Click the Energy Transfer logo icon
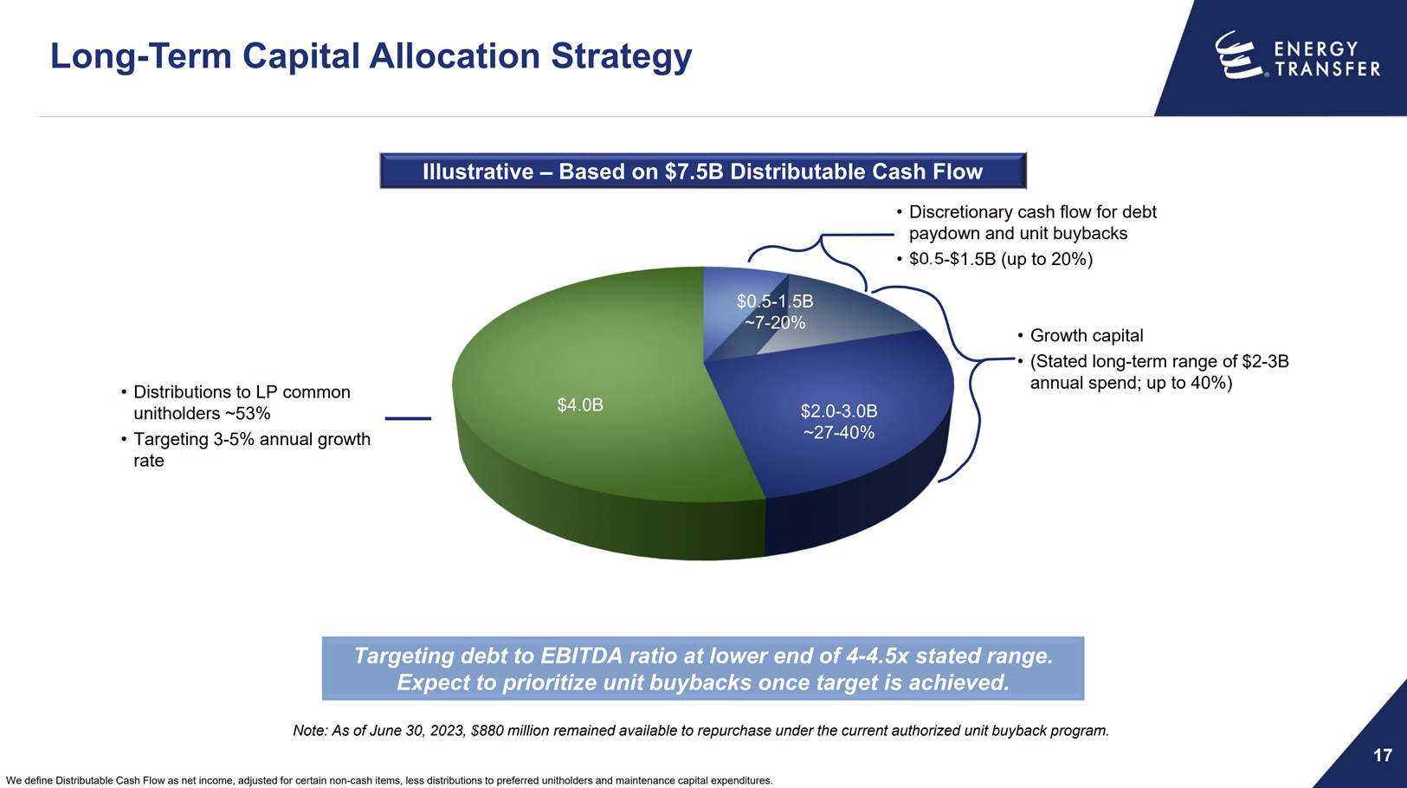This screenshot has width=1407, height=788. pos(1237,55)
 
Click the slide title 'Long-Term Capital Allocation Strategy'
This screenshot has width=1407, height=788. pos(371,56)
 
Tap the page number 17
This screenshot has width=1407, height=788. pos(1382,755)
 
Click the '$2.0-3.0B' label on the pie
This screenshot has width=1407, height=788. pos(838,410)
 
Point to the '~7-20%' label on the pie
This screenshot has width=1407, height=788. pos(775,323)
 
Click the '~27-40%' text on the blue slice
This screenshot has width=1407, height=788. pos(838,432)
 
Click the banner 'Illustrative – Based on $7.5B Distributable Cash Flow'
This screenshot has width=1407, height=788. pos(702,171)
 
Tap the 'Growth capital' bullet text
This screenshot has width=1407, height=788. pos(1086,336)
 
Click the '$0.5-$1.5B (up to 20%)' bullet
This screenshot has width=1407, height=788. pos(1000,259)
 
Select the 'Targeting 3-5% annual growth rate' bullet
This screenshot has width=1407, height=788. pos(251,449)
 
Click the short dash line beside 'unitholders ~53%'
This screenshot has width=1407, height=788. pos(408,418)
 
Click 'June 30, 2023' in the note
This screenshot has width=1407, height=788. pos(417,731)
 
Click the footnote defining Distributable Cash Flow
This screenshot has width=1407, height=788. pos(389,780)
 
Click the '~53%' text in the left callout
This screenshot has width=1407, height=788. pos(247,414)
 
